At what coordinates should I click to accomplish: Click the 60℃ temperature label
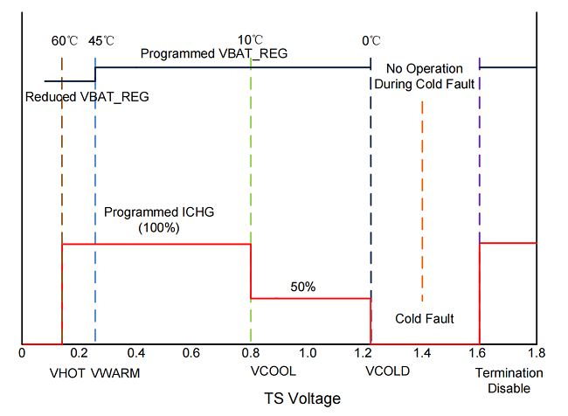point(66,41)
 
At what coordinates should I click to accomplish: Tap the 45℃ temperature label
point(102,41)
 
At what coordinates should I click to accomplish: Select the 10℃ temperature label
point(251,41)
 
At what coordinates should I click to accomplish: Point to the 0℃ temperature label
point(371,41)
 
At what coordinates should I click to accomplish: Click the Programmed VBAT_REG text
point(215,53)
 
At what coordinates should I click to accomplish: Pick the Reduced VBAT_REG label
point(87,96)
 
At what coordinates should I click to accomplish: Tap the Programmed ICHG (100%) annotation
point(159,219)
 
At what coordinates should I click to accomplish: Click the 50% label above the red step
point(304,287)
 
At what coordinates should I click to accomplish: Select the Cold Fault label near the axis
point(425,318)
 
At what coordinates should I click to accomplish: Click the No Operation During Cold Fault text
point(424,76)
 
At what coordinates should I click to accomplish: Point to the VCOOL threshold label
point(273,371)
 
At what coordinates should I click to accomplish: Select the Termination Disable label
point(509,379)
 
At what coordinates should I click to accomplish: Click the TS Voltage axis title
point(302,399)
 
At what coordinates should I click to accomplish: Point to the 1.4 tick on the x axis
point(423,353)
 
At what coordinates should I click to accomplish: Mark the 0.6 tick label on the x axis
point(193,353)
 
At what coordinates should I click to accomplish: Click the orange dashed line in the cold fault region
point(422,201)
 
